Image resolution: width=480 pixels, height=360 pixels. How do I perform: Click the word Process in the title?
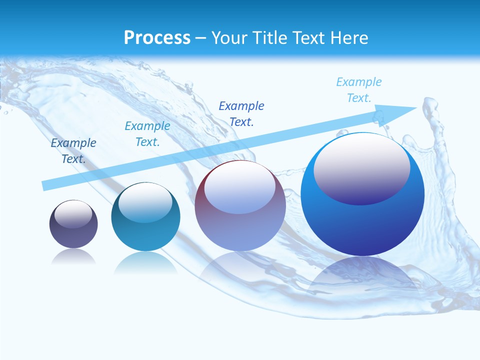point(157,37)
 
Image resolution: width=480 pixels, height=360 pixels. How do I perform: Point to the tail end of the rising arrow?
point(46,185)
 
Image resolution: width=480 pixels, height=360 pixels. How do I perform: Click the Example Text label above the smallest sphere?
point(73,150)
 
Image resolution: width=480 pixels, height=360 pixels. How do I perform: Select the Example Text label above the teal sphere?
point(147,134)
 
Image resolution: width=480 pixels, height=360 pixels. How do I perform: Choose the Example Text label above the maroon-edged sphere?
point(241,113)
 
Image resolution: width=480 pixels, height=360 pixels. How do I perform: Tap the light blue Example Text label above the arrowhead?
point(359,89)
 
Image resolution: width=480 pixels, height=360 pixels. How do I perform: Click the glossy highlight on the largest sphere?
point(361,167)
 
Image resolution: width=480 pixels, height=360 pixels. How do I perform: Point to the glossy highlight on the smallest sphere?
point(73,214)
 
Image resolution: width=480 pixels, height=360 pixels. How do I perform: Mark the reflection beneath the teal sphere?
point(145,262)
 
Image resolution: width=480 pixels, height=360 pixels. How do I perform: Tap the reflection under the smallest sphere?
point(73,256)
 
